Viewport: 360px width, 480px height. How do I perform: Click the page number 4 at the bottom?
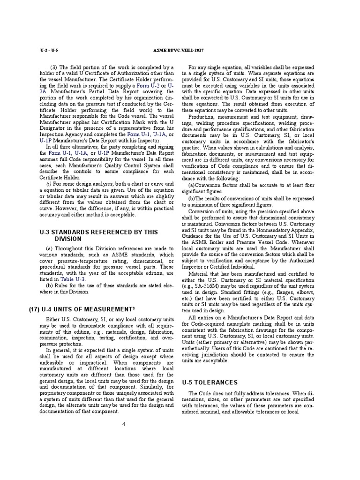pyautogui.click(x=124, y=424)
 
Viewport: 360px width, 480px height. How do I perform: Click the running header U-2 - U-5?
pyautogui.click(x=48, y=51)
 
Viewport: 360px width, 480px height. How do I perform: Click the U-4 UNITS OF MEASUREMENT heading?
pyautogui.click(x=87, y=309)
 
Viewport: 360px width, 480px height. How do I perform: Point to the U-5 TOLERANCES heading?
pyautogui.click(x=206, y=382)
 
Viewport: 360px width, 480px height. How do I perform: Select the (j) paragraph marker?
pyautogui.click(x=48, y=183)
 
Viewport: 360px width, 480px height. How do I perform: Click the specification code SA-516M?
pyautogui.click(x=208, y=286)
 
